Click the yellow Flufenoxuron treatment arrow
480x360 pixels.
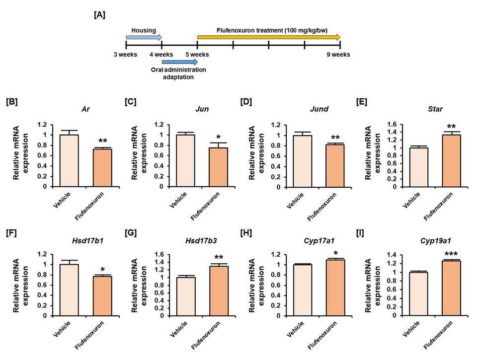click(x=269, y=37)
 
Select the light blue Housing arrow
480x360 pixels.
click(x=144, y=37)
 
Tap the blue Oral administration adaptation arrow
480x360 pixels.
click(x=180, y=62)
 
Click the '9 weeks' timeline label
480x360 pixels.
click(x=338, y=55)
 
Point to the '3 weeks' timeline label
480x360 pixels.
click(x=126, y=55)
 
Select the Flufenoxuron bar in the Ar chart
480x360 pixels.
click(x=102, y=168)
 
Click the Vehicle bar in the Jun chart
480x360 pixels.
click(x=185, y=160)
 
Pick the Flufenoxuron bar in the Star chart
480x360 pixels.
click(x=451, y=161)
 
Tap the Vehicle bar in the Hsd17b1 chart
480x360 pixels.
click(x=69, y=290)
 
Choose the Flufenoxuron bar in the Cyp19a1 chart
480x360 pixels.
click(x=451, y=288)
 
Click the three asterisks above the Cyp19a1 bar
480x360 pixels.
click(x=451, y=254)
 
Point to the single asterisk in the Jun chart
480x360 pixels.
click(x=218, y=137)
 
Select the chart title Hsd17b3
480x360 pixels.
click(x=201, y=241)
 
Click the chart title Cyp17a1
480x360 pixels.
click(x=320, y=241)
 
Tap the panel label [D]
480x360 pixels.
click(x=246, y=102)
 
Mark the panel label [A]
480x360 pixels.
click(x=99, y=15)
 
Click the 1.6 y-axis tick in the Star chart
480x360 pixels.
click(x=393, y=124)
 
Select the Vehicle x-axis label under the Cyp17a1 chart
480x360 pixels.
click(x=296, y=329)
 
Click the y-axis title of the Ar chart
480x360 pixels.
click(x=20, y=153)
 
